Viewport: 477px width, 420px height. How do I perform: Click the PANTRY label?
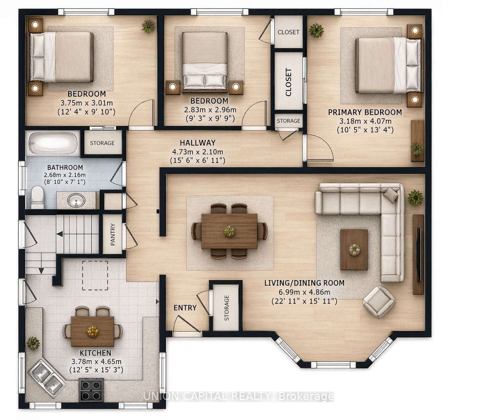(113, 234)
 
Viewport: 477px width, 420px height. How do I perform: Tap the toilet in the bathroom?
(38, 197)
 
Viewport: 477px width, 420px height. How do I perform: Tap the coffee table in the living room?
(354, 250)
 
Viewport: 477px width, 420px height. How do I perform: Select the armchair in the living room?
(379, 302)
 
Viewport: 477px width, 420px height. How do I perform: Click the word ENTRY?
(185, 308)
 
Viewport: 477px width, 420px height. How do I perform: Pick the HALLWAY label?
(198, 143)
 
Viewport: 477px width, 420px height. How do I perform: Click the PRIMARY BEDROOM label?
(365, 112)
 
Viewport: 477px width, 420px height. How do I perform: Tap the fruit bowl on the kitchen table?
(92, 331)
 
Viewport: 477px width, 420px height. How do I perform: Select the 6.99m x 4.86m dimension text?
(305, 292)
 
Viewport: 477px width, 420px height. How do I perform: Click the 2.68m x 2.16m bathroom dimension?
(65, 175)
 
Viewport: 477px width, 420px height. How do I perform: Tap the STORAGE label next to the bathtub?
(102, 143)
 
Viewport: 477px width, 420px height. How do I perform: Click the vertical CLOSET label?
(288, 82)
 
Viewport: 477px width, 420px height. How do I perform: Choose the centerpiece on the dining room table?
(230, 231)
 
